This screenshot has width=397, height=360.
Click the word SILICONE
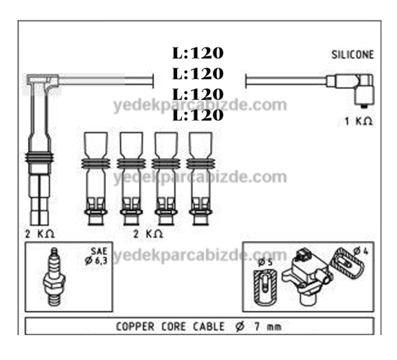(352, 55)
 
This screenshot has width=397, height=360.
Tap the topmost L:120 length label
(197, 53)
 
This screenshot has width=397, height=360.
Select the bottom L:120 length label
(197, 115)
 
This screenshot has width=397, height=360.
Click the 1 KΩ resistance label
(358, 121)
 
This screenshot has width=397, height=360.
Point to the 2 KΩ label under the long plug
(39, 234)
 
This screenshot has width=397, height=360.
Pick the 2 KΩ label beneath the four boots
(148, 234)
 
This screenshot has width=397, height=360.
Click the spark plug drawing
(54, 277)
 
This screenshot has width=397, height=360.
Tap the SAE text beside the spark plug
(99, 251)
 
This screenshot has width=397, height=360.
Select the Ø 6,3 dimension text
(96, 261)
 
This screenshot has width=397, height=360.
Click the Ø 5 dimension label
(265, 262)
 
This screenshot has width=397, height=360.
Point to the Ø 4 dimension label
(360, 251)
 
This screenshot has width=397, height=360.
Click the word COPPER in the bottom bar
(135, 326)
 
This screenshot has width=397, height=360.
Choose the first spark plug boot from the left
(96, 178)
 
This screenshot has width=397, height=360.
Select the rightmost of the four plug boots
(200, 178)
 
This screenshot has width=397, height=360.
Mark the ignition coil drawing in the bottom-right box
(307, 275)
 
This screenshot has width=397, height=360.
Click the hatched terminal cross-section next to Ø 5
(265, 287)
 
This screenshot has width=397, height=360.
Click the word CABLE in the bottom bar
(208, 326)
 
